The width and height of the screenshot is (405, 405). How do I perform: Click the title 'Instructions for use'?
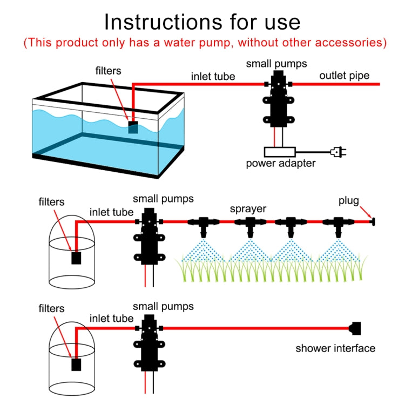202,21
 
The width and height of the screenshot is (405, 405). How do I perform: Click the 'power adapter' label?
281,164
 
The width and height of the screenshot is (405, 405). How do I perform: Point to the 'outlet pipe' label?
344,76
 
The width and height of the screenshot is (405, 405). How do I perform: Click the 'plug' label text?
348,201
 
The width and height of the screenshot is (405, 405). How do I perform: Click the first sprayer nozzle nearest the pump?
203,223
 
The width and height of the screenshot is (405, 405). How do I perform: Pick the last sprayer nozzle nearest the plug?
337,223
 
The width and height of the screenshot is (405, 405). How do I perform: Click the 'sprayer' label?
248,208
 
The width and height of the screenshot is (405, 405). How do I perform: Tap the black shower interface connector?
355,327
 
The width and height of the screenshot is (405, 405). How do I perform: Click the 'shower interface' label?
335,348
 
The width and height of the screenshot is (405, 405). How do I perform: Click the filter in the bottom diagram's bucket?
77,364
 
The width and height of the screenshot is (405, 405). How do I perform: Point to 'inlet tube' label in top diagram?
213,76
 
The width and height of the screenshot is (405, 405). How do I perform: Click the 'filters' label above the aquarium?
109,70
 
